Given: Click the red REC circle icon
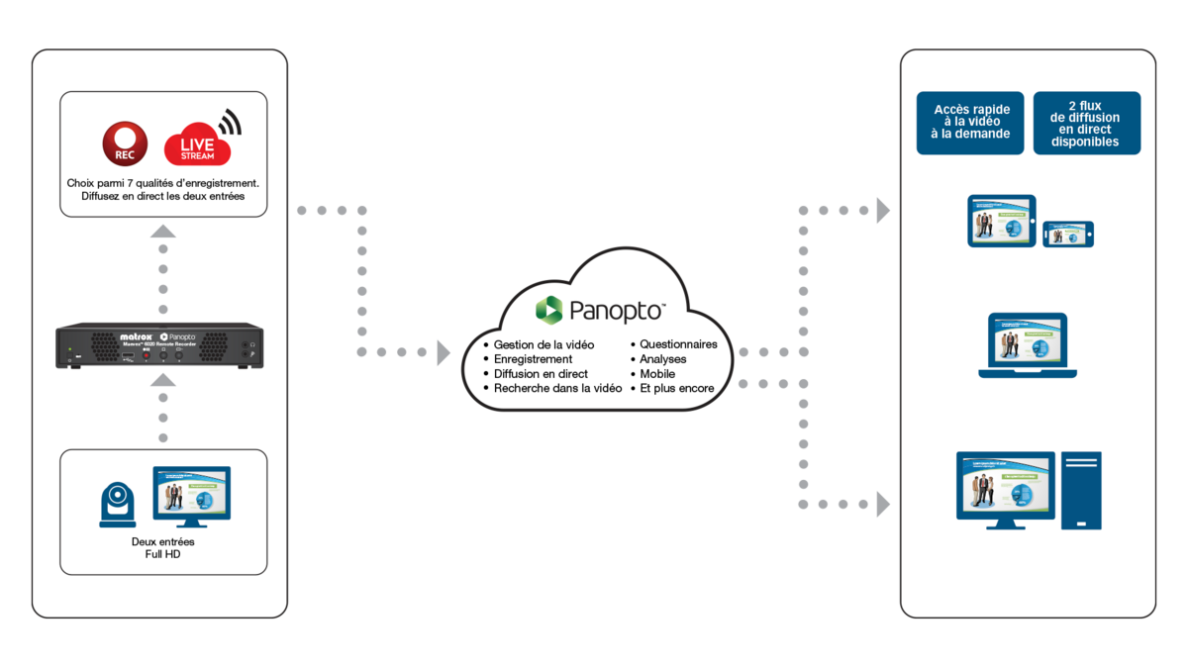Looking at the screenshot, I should [126, 143].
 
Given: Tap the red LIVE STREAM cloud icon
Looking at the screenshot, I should [197, 144].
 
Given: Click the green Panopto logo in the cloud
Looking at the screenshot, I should [548, 309].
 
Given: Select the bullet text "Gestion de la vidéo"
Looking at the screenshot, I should [544, 344].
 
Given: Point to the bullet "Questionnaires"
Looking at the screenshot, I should [678, 344].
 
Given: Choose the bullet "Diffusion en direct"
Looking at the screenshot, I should [541, 374].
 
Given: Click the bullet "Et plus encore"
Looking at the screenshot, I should [677, 389].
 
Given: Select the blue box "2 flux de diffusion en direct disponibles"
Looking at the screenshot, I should [1086, 123].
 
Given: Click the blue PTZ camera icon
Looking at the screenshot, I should [119, 505].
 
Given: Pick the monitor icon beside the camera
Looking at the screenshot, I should [191, 498].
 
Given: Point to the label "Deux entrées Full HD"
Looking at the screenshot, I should [163, 548].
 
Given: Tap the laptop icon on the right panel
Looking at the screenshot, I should [1028, 345].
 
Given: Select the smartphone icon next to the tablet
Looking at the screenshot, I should [1068, 234].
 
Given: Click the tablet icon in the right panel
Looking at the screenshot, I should [1001, 220].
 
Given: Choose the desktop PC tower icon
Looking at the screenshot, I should [1081, 490].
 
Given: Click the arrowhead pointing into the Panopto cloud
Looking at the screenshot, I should [445, 352].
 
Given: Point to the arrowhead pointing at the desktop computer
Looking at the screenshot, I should [883, 505].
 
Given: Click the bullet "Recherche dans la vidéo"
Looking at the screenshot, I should [557, 389].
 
